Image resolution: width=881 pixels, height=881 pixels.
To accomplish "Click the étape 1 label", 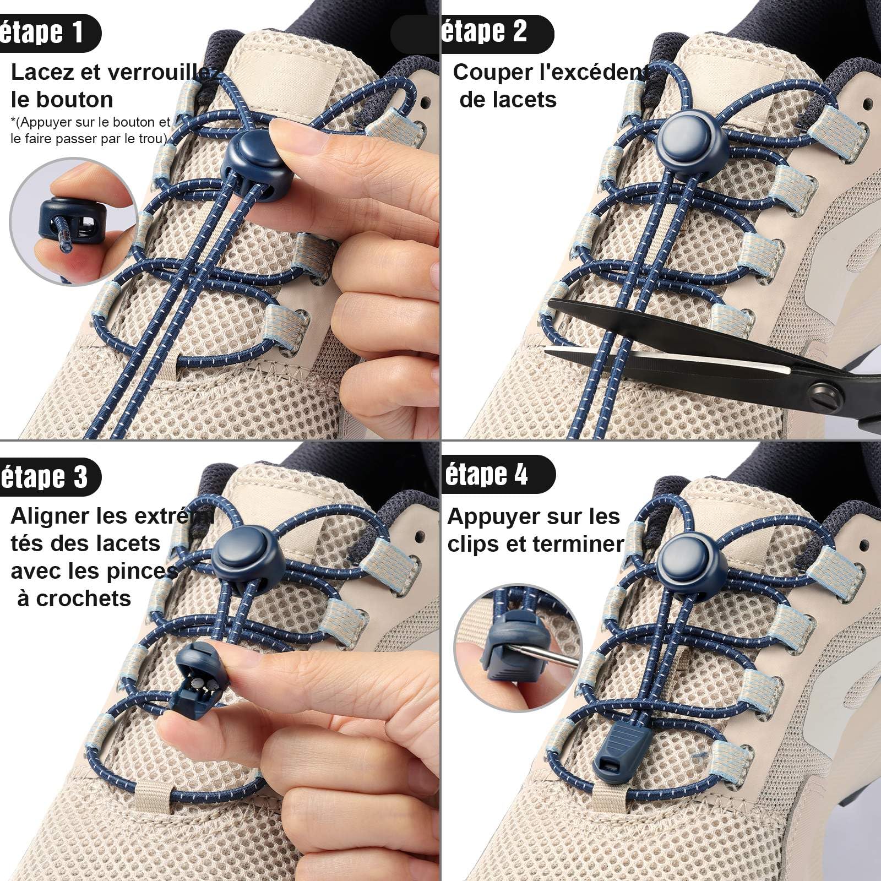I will [x=43, y=33].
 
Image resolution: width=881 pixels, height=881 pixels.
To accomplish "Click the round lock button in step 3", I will [x=246, y=556].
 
